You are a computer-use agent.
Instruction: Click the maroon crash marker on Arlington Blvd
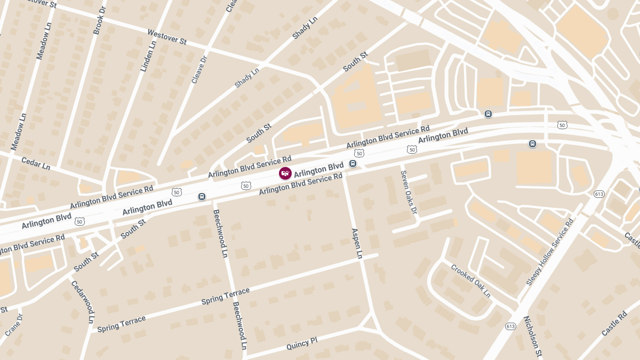click(x=285, y=173)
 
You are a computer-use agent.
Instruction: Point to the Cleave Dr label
click(x=199, y=70)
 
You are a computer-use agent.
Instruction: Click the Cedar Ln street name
click(x=36, y=163)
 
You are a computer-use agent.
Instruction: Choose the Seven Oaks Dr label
click(x=409, y=193)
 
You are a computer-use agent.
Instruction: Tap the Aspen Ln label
click(x=357, y=243)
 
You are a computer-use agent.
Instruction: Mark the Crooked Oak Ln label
click(x=470, y=281)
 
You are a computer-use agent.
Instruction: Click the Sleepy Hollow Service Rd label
click(x=550, y=252)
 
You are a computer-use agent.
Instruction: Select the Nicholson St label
click(x=532, y=335)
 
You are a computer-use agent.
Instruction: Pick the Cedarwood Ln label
click(x=83, y=302)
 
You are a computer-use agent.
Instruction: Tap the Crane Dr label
click(x=14, y=324)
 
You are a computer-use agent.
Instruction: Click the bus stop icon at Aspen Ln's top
click(x=353, y=164)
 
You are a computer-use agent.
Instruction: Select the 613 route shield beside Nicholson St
click(x=510, y=326)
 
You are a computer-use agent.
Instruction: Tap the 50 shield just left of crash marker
click(x=245, y=186)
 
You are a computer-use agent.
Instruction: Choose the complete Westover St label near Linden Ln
click(x=166, y=37)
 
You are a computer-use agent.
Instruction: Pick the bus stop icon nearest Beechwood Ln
click(x=202, y=196)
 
